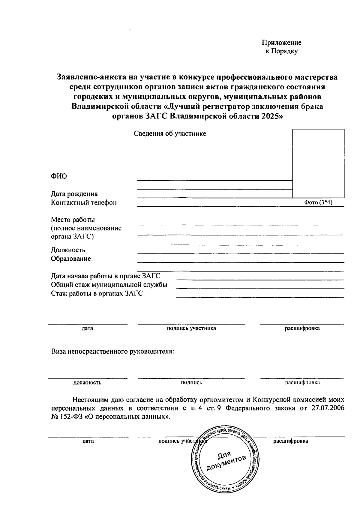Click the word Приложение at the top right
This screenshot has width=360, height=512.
282,43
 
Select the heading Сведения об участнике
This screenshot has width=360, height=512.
170,134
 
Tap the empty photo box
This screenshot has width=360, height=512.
318,163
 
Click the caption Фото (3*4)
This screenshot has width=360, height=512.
318,202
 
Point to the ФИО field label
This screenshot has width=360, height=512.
59,176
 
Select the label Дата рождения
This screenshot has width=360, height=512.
74,194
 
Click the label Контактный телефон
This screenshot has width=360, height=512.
84,202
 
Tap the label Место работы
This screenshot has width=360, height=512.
73,220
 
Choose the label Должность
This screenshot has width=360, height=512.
68,250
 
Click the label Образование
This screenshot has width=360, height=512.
71,259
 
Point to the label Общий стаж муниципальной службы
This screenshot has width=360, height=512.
109,285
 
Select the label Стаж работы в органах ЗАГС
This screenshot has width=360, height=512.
97,293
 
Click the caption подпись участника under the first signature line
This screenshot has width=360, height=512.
191,328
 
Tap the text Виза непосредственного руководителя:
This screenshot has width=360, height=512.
112,351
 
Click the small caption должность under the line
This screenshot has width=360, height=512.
87,383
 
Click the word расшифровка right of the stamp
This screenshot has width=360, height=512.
290,441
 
